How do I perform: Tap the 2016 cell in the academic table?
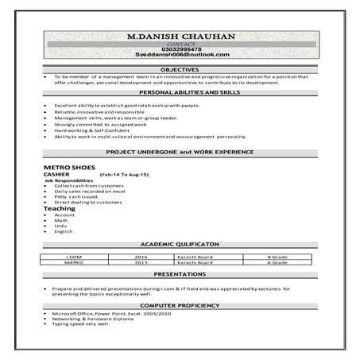[141, 257]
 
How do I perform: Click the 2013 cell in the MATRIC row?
[141, 263]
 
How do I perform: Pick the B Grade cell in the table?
[277, 257]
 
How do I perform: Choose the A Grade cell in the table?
[277, 263]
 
